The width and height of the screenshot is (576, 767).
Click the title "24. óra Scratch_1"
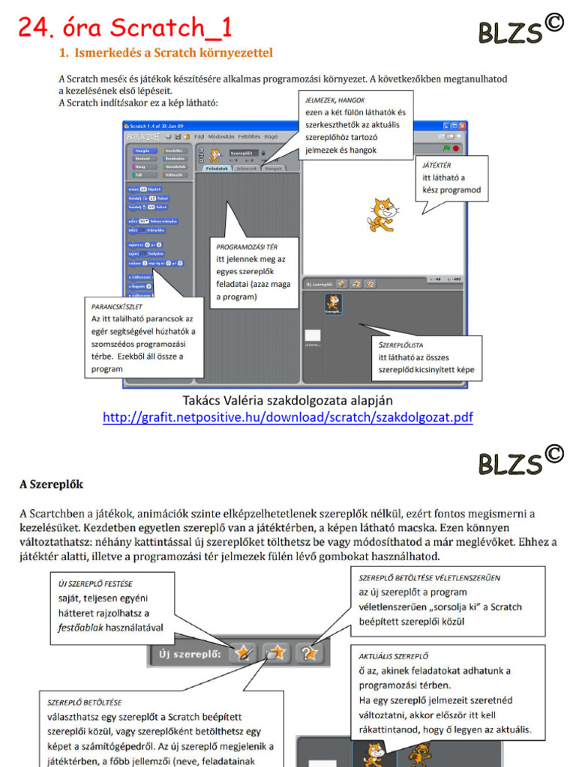click(124, 28)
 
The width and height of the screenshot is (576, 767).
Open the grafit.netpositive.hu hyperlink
click(288, 417)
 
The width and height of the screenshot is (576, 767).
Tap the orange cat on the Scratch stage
click(382, 214)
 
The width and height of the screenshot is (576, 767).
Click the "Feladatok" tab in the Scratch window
click(217, 169)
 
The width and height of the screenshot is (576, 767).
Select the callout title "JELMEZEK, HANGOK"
click(334, 100)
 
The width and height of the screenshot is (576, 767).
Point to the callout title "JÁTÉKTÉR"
click(436, 164)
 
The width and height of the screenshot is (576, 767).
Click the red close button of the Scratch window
click(463, 126)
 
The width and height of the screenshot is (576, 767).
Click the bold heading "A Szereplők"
click(52, 484)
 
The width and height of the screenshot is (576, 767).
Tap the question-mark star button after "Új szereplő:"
click(309, 653)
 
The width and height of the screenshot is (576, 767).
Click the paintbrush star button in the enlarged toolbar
click(241, 653)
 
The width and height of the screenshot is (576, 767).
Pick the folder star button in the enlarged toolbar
click(275, 653)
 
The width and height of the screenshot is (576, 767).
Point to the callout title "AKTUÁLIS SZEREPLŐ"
click(396, 656)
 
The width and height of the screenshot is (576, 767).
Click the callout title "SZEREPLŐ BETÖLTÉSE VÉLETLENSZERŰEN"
click(429, 577)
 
